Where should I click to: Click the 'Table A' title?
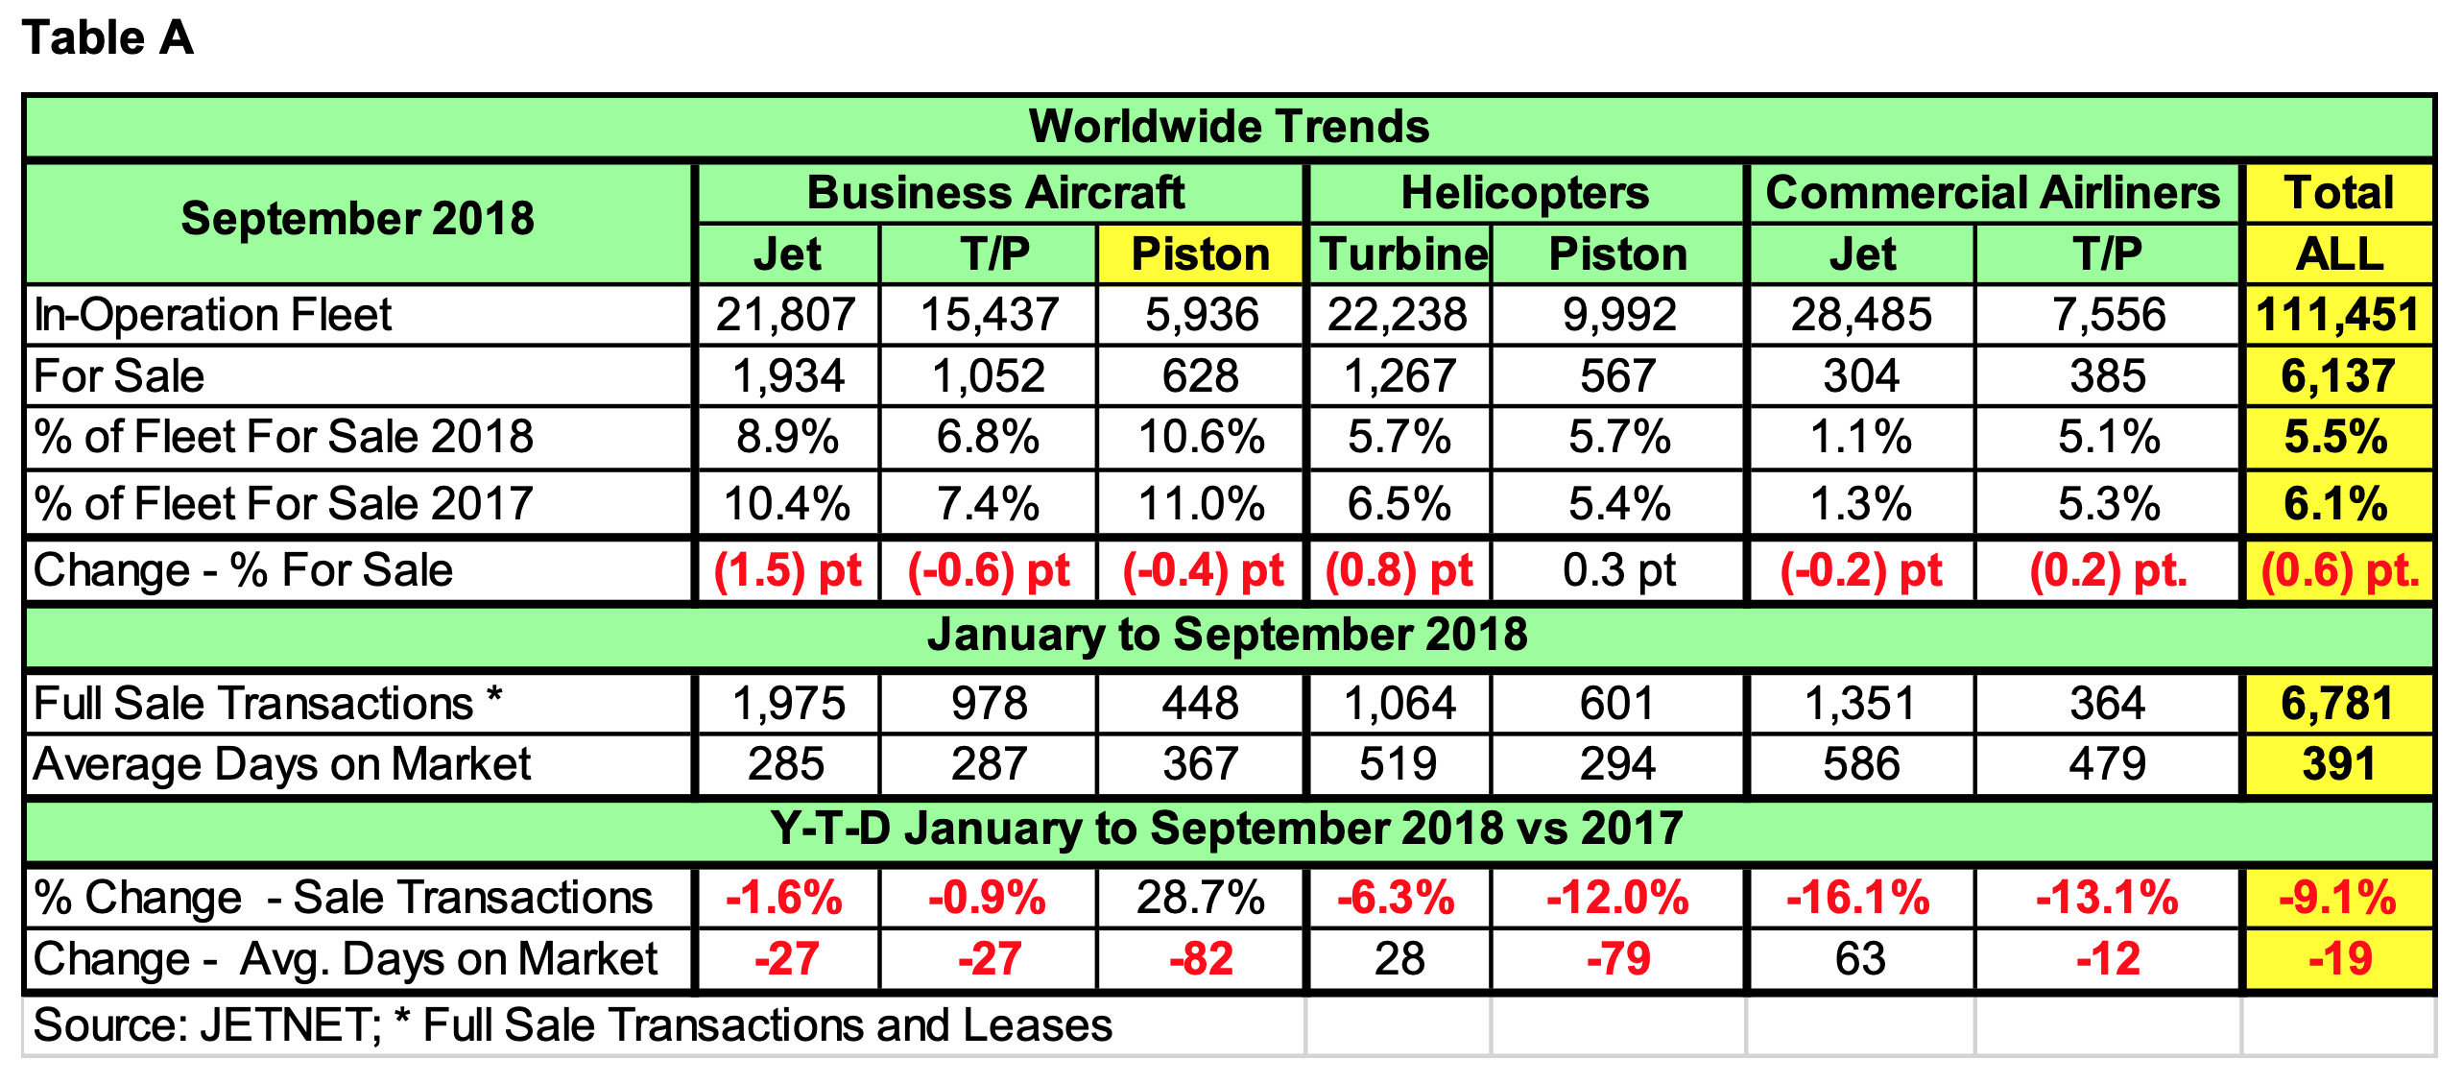click(x=108, y=39)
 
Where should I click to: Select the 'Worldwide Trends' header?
click(x=1229, y=127)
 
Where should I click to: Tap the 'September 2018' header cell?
click(x=357, y=219)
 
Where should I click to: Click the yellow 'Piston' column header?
click(x=1200, y=255)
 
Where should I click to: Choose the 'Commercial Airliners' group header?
click(x=1993, y=193)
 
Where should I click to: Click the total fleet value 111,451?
click(x=2337, y=315)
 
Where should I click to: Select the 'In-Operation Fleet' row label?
click(x=212, y=315)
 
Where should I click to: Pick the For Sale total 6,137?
click(x=2337, y=376)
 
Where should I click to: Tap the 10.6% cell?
click(x=1201, y=438)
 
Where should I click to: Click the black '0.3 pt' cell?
click(x=1618, y=570)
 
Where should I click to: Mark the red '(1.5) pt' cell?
click(x=787, y=570)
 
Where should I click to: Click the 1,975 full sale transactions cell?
click(x=788, y=704)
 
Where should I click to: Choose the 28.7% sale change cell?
click(x=1201, y=899)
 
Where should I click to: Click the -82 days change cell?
click(x=1201, y=959)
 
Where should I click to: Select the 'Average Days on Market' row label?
click(x=281, y=765)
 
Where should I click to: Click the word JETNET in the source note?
click(x=289, y=1026)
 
